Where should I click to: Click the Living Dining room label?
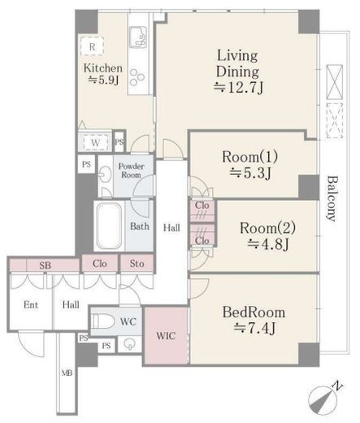click(238, 72)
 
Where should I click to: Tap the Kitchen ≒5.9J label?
click(103, 74)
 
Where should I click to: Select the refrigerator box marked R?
click(92, 46)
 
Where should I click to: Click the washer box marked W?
click(95, 142)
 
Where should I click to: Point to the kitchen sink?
click(138, 37)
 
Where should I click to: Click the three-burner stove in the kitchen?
click(137, 76)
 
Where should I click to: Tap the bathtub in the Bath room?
click(109, 226)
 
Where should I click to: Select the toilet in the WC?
click(102, 321)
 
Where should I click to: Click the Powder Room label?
click(131, 170)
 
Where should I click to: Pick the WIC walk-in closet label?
click(166, 336)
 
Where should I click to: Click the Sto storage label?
click(137, 264)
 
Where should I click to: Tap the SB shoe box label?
click(45, 265)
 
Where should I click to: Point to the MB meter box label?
click(67, 373)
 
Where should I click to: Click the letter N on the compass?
click(337, 386)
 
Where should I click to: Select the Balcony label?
click(332, 198)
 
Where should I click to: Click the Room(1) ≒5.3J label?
click(249, 164)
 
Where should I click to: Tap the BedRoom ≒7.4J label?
click(254, 320)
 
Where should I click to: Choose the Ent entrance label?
click(31, 305)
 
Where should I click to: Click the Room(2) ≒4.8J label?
click(267, 236)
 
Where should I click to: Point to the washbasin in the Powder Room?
click(105, 174)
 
